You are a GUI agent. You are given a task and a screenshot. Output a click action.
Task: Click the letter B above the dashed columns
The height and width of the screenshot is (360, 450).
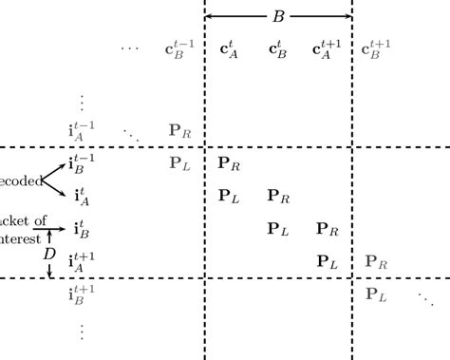click(x=279, y=15)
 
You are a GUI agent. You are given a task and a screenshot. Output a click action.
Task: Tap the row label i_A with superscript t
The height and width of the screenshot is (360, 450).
click(x=81, y=197)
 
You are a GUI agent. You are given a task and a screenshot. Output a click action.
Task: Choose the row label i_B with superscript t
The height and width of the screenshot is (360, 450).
click(x=81, y=229)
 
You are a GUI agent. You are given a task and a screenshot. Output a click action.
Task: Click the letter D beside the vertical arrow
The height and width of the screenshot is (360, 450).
click(x=49, y=255)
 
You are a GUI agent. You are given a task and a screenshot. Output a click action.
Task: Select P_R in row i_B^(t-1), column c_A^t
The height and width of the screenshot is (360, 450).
click(x=230, y=163)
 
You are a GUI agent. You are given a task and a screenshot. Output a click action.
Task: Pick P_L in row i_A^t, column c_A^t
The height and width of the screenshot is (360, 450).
click(x=229, y=197)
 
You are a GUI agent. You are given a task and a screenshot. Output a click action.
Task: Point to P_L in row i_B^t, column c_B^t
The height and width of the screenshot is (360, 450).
click(x=278, y=229)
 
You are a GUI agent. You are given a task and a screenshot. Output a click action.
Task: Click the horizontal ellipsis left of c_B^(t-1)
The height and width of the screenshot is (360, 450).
click(x=129, y=47)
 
